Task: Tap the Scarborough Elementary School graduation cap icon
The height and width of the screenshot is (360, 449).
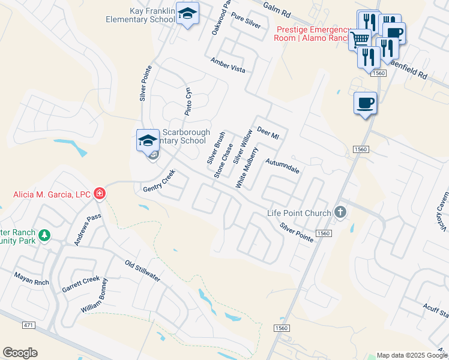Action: [148, 141]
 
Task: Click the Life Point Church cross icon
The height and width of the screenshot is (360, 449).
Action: [340, 212]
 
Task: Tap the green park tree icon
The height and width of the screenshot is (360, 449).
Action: [44, 236]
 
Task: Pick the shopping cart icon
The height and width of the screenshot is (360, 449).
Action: [360, 40]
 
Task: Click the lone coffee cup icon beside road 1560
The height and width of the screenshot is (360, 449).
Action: [365, 103]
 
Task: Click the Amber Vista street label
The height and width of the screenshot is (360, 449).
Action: [228, 65]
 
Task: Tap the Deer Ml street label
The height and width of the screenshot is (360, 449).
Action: [268, 133]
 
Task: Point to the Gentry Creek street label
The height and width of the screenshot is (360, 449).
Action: [158, 181]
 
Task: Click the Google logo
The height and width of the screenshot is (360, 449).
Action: [20, 353]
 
